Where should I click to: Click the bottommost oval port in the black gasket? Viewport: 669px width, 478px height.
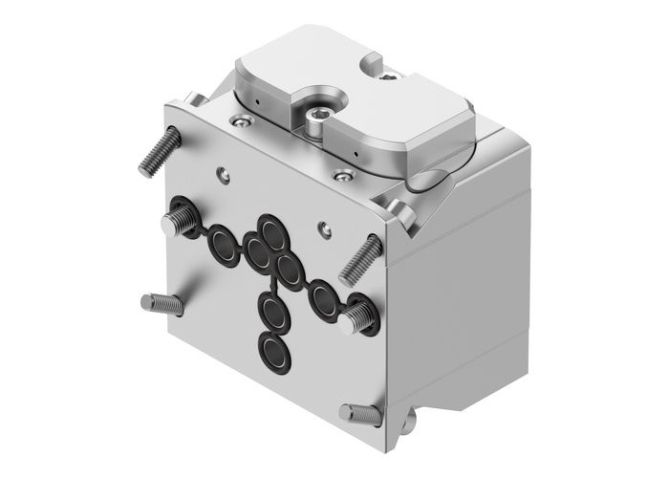[x=275, y=350]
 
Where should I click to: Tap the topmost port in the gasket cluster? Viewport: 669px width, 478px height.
[x=270, y=232]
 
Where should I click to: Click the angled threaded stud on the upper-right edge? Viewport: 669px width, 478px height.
[x=360, y=254]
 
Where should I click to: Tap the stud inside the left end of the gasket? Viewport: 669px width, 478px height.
[x=177, y=221]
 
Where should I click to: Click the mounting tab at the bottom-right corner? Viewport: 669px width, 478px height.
[x=411, y=424]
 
